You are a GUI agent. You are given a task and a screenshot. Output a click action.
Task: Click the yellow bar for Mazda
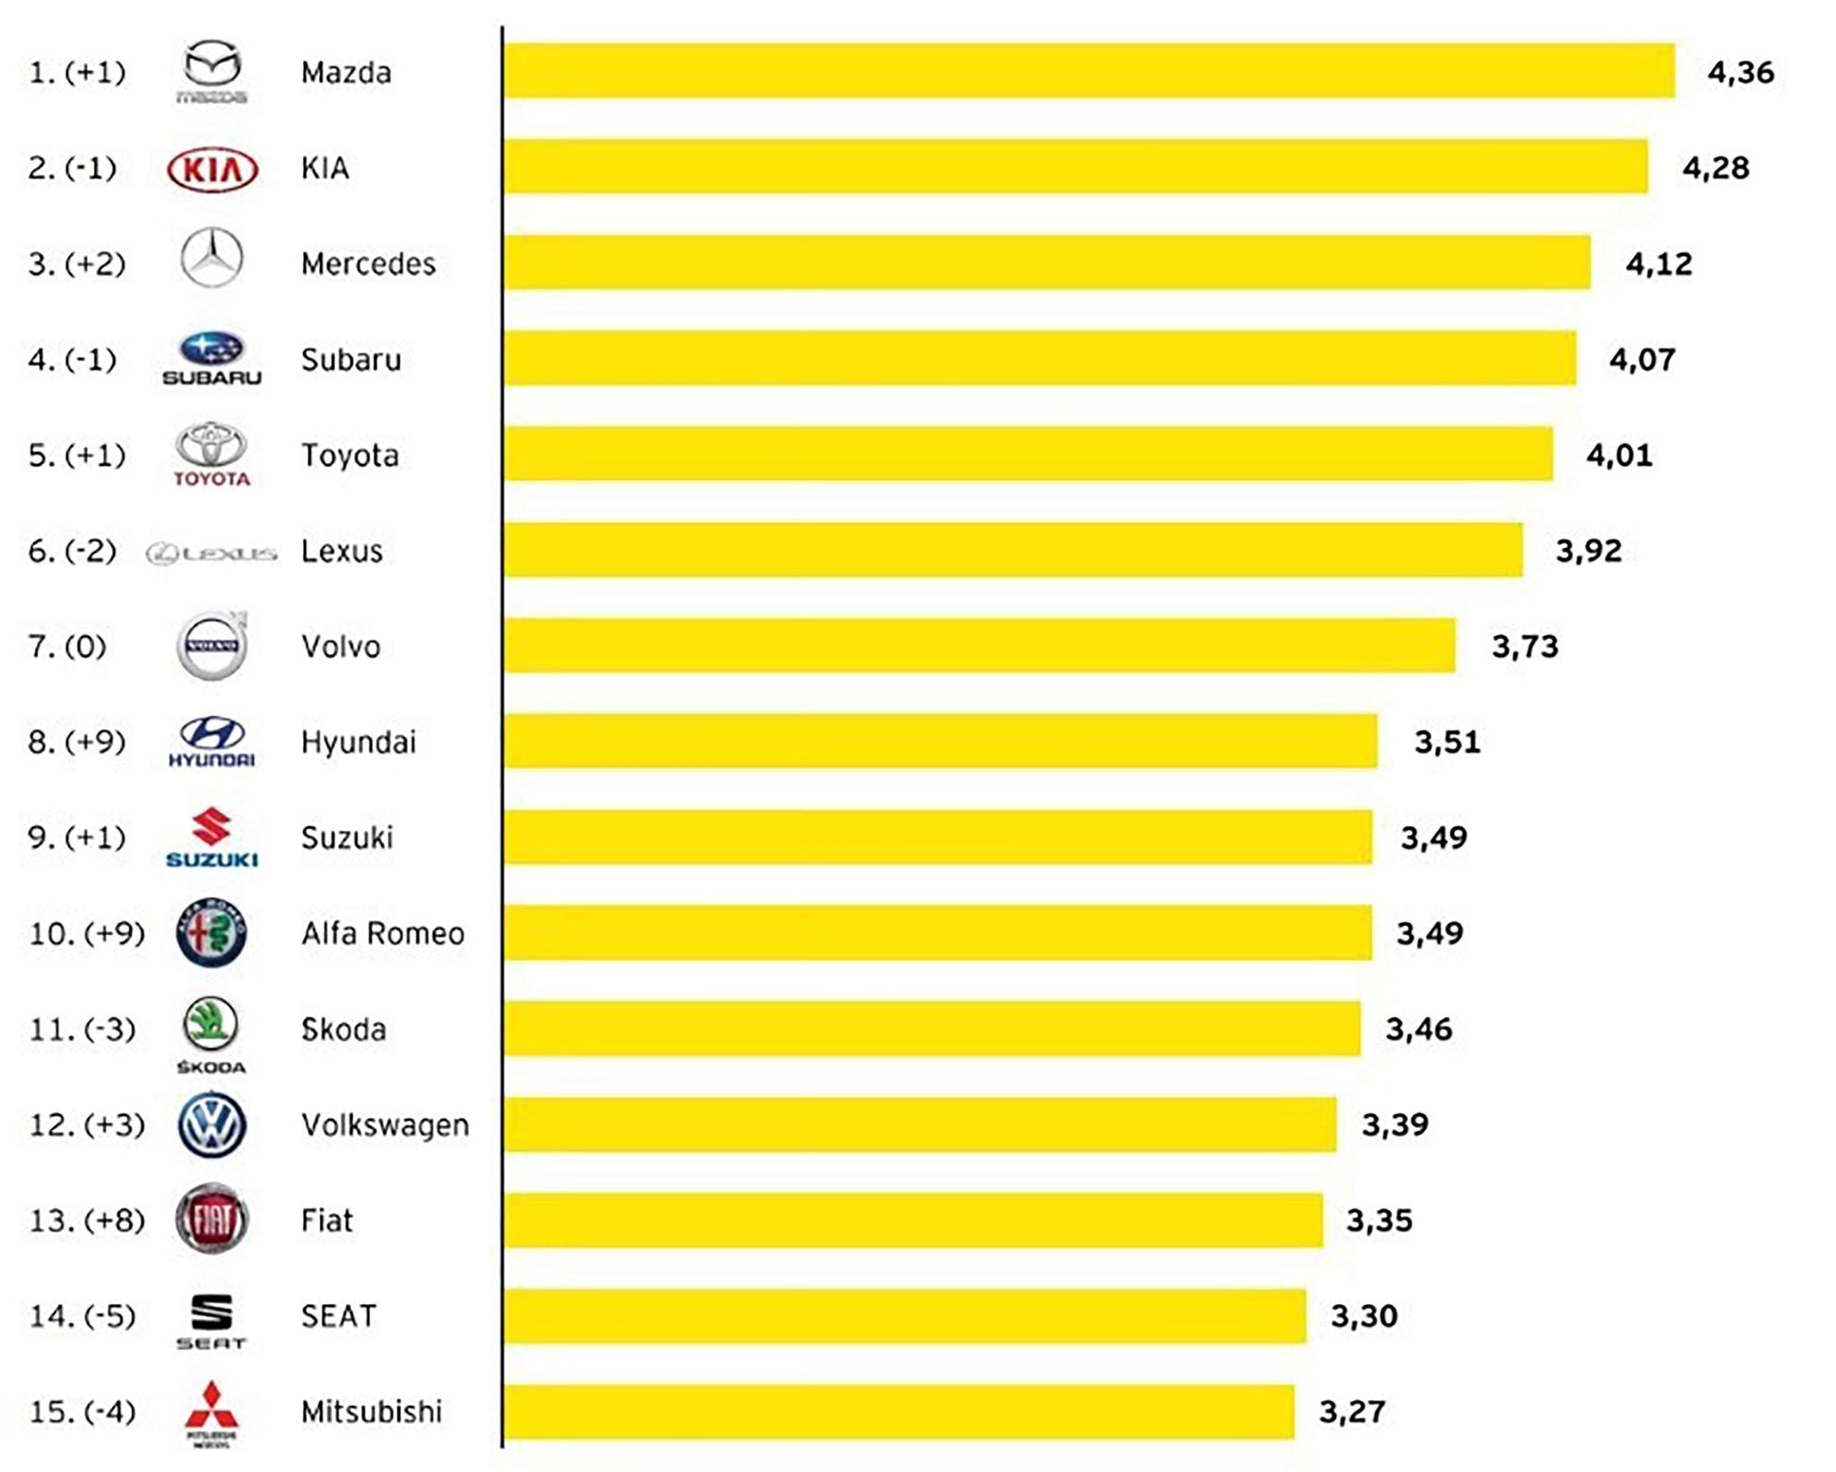[1088, 71]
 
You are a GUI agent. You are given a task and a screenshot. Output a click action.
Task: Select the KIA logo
[212, 169]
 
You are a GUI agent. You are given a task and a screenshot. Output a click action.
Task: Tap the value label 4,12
[1658, 264]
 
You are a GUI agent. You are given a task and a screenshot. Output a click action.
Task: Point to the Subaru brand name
[351, 360]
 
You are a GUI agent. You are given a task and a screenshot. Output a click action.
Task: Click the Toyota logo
[212, 454]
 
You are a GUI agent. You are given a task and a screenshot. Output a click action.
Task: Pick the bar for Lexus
[1013, 550]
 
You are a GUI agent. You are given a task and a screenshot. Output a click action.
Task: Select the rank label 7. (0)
[67, 646]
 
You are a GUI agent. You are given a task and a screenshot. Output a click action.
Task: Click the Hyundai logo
[212, 741]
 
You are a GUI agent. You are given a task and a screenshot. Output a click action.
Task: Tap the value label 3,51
[1447, 742]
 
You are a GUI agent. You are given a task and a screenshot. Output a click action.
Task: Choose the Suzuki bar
[937, 837]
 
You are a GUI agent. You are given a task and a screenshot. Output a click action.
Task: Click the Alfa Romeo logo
[212, 933]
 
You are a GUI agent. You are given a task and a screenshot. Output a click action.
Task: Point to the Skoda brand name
[343, 1029]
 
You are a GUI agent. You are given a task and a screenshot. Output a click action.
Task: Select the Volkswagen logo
[212, 1125]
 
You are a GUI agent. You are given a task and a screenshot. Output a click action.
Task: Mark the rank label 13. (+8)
[87, 1220]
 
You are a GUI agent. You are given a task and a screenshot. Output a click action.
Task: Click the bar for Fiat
[913, 1220]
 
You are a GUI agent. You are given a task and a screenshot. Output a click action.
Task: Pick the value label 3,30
[1364, 1316]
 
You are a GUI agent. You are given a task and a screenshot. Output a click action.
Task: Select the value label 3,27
[1352, 1412]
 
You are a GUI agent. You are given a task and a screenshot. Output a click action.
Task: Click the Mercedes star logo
[212, 258]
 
